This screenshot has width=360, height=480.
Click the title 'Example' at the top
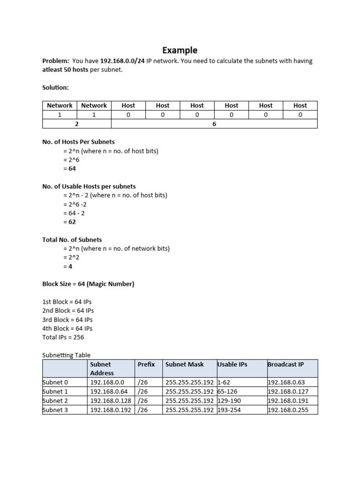(180, 50)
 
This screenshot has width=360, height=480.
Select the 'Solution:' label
(55, 88)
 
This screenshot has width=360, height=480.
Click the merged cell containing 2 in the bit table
(77, 124)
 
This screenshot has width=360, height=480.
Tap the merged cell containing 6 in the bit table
(214, 124)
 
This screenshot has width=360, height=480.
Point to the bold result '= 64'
(69, 168)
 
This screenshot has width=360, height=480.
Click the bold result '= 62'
(69, 222)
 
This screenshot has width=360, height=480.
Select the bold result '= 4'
(67, 266)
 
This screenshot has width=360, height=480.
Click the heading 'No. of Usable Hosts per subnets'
(89, 186)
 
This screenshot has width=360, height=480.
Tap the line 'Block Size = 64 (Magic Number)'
(88, 284)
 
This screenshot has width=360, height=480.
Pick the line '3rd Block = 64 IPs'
(68, 320)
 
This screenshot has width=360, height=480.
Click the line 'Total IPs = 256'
(63, 337)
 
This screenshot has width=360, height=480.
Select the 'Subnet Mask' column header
(185, 364)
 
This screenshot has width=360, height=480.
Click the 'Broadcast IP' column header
(285, 364)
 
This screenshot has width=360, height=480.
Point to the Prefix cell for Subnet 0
(143, 382)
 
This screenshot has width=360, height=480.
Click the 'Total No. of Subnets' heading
(72, 240)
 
